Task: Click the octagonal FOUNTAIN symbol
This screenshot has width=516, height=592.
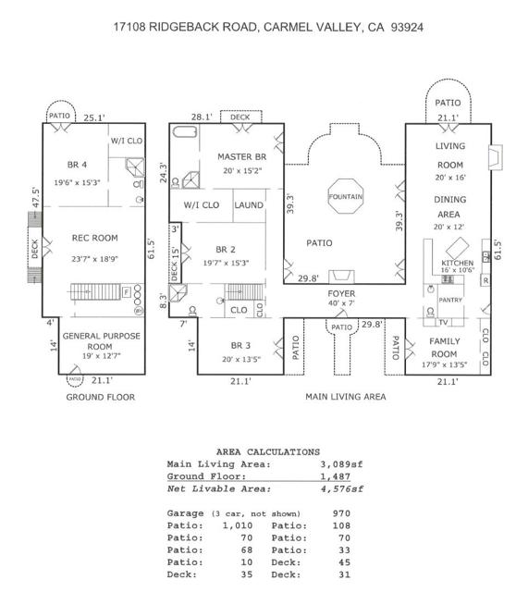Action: pos(345,196)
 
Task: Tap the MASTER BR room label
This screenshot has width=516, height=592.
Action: pos(242,156)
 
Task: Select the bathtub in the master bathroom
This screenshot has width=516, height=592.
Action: pos(185,131)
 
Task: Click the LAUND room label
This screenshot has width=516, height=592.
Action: pos(249,205)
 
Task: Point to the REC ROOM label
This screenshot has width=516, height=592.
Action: pos(94,238)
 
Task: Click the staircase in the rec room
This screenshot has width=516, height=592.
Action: pos(95,291)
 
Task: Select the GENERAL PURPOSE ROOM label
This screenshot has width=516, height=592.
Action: pos(101,341)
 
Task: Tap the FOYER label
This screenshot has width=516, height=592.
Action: pos(341,293)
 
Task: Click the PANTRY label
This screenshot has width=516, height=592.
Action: pos(450,300)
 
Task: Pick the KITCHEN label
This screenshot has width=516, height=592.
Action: pos(458,263)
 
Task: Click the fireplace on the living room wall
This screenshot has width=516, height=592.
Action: pos(496,157)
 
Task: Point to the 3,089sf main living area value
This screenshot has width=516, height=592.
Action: pos(341,464)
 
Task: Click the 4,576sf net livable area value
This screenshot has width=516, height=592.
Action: pos(341,489)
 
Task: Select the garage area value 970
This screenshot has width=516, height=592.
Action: pos(341,513)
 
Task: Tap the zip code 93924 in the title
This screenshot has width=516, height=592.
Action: pos(407,27)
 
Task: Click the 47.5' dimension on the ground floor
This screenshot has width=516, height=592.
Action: pos(35,197)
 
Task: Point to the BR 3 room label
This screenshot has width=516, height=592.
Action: pos(240,345)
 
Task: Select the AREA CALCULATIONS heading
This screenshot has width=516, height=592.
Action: pos(268,452)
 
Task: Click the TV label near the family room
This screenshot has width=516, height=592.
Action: pos(443,323)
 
